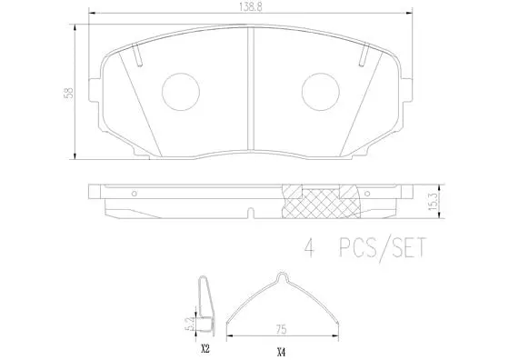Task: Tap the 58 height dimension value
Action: coord(59,93)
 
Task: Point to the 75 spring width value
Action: coord(284,331)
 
